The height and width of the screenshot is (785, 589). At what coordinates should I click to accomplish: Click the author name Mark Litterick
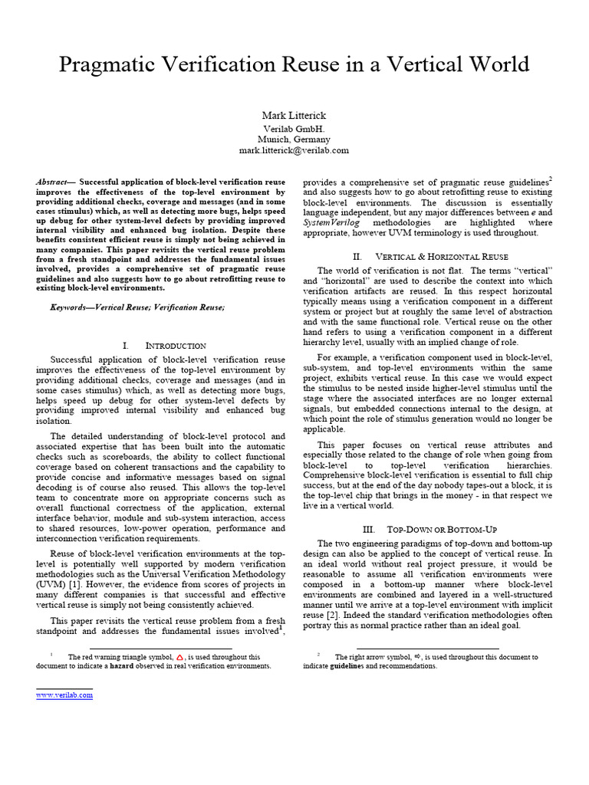click(x=294, y=116)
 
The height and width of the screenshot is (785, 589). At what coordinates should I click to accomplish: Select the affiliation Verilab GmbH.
click(x=294, y=128)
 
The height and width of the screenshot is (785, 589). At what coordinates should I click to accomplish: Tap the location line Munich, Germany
click(x=294, y=140)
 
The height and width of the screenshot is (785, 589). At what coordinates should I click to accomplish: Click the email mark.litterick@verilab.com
click(x=294, y=151)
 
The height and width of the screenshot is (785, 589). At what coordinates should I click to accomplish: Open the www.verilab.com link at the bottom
click(x=64, y=695)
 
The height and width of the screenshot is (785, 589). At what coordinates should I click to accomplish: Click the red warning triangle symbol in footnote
click(x=179, y=657)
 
